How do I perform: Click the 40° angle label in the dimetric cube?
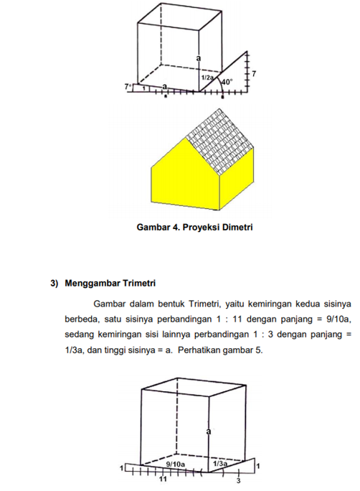point(226,82)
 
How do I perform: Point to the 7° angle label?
point(128,86)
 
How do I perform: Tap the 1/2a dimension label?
point(207,77)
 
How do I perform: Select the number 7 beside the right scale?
point(255,74)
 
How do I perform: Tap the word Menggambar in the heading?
point(87,284)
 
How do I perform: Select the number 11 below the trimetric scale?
point(163,480)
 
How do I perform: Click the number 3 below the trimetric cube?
point(238,480)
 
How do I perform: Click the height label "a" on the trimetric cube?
point(207,431)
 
